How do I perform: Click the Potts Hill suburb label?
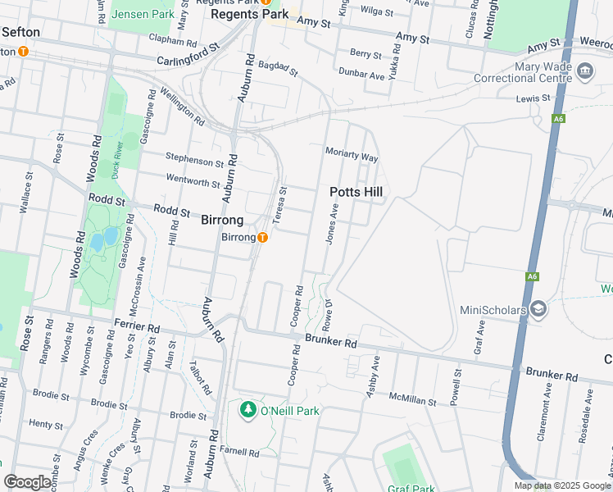pos(356,192)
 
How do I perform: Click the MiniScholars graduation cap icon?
pos(538,308)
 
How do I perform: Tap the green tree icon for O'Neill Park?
pos(247,408)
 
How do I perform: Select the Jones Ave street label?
pos(333,223)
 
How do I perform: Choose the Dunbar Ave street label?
pos(361,75)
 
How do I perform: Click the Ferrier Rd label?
pos(137,326)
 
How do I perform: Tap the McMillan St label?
pos(414,399)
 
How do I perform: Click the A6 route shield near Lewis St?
pos(558,119)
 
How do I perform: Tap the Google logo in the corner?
pos(28,482)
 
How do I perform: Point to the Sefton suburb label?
pos(21,32)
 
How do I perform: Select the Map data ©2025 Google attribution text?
pos(561,485)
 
